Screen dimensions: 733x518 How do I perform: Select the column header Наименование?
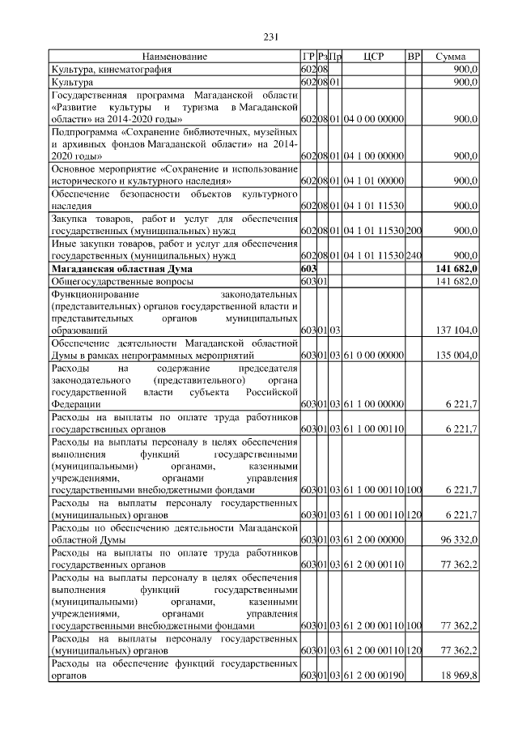click(175, 57)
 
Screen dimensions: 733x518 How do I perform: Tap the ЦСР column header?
click(373, 57)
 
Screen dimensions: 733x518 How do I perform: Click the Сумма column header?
click(450, 57)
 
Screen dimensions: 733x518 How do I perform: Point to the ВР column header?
click(414, 57)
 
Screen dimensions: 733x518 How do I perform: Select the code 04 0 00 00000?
click(373, 119)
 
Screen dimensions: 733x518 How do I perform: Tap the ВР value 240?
click(414, 256)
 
